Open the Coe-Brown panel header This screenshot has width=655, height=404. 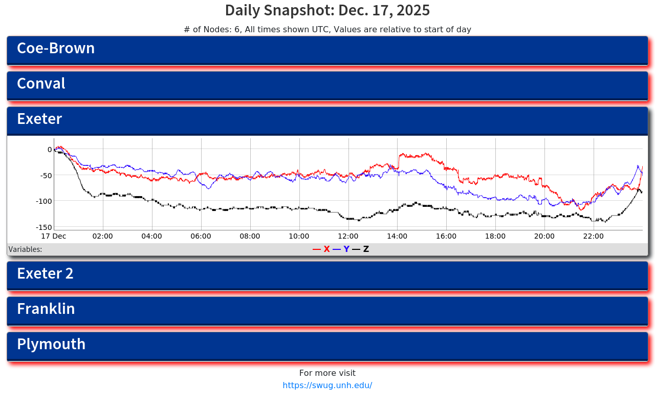pyautogui.click(x=56, y=49)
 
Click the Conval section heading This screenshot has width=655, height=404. pyautogui.click(x=41, y=84)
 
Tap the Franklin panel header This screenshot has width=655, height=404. pyautogui.click(x=46, y=309)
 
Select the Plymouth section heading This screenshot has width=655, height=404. pyautogui.click(x=51, y=345)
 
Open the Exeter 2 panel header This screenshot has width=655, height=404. pyautogui.click(x=45, y=274)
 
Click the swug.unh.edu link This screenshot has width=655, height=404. pyautogui.click(x=327, y=386)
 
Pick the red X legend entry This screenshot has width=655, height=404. pyautogui.click(x=322, y=249)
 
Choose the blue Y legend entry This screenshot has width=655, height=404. pyautogui.click(x=342, y=249)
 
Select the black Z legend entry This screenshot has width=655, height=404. pyautogui.click(x=361, y=249)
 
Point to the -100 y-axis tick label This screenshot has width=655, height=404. pyautogui.click(x=43, y=201)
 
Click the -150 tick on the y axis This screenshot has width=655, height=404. pyautogui.click(x=43, y=227)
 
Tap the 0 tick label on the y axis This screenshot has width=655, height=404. pyautogui.click(x=50, y=150)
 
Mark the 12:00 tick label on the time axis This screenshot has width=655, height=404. pyautogui.click(x=348, y=237)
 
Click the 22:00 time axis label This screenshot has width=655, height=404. pyautogui.click(x=594, y=237)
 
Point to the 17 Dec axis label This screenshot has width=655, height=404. pyautogui.click(x=54, y=237)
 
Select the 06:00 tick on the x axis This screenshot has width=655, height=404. pyautogui.click(x=201, y=237)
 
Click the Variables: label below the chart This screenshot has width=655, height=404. pyautogui.click(x=26, y=250)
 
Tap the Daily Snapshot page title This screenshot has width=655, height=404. pyautogui.click(x=327, y=11)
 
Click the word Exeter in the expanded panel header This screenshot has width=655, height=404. pyautogui.click(x=39, y=119)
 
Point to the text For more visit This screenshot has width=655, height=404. pyautogui.click(x=327, y=373)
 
